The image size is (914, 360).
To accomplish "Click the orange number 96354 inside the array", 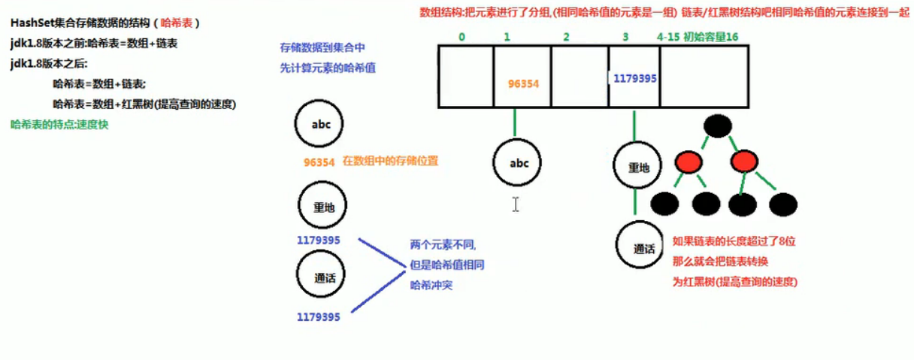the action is [x=523, y=83].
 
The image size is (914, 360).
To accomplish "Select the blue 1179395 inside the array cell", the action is [x=635, y=77].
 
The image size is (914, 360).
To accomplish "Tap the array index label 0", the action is [x=462, y=37].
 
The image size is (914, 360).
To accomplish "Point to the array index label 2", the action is [x=565, y=37].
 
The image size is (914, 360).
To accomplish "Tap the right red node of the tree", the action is [x=744, y=162].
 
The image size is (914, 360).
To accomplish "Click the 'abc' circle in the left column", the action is [x=321, y=126].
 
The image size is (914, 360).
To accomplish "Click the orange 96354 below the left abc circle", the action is [x=319, y=162].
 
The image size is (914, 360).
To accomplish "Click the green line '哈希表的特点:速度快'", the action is [x=59, y=124].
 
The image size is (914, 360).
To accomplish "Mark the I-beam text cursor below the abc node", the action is [x=516, y=204].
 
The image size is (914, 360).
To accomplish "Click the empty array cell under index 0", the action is [x=466, y=77].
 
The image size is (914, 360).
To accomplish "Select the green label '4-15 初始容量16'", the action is [x=698, y=37].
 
